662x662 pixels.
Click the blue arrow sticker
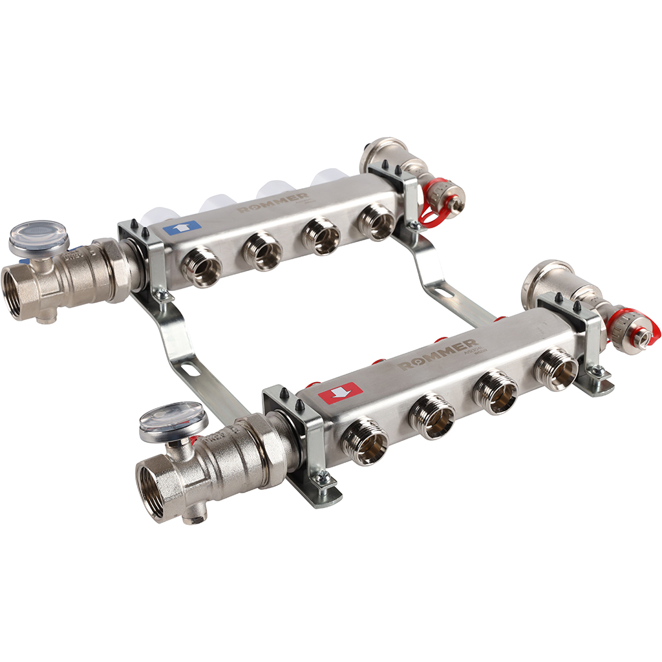(182, 228)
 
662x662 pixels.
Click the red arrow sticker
(339, 392)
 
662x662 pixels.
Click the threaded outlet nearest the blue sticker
(202, 265)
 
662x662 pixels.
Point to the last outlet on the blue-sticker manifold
(377, 221)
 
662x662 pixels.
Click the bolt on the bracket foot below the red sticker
(321, 479)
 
